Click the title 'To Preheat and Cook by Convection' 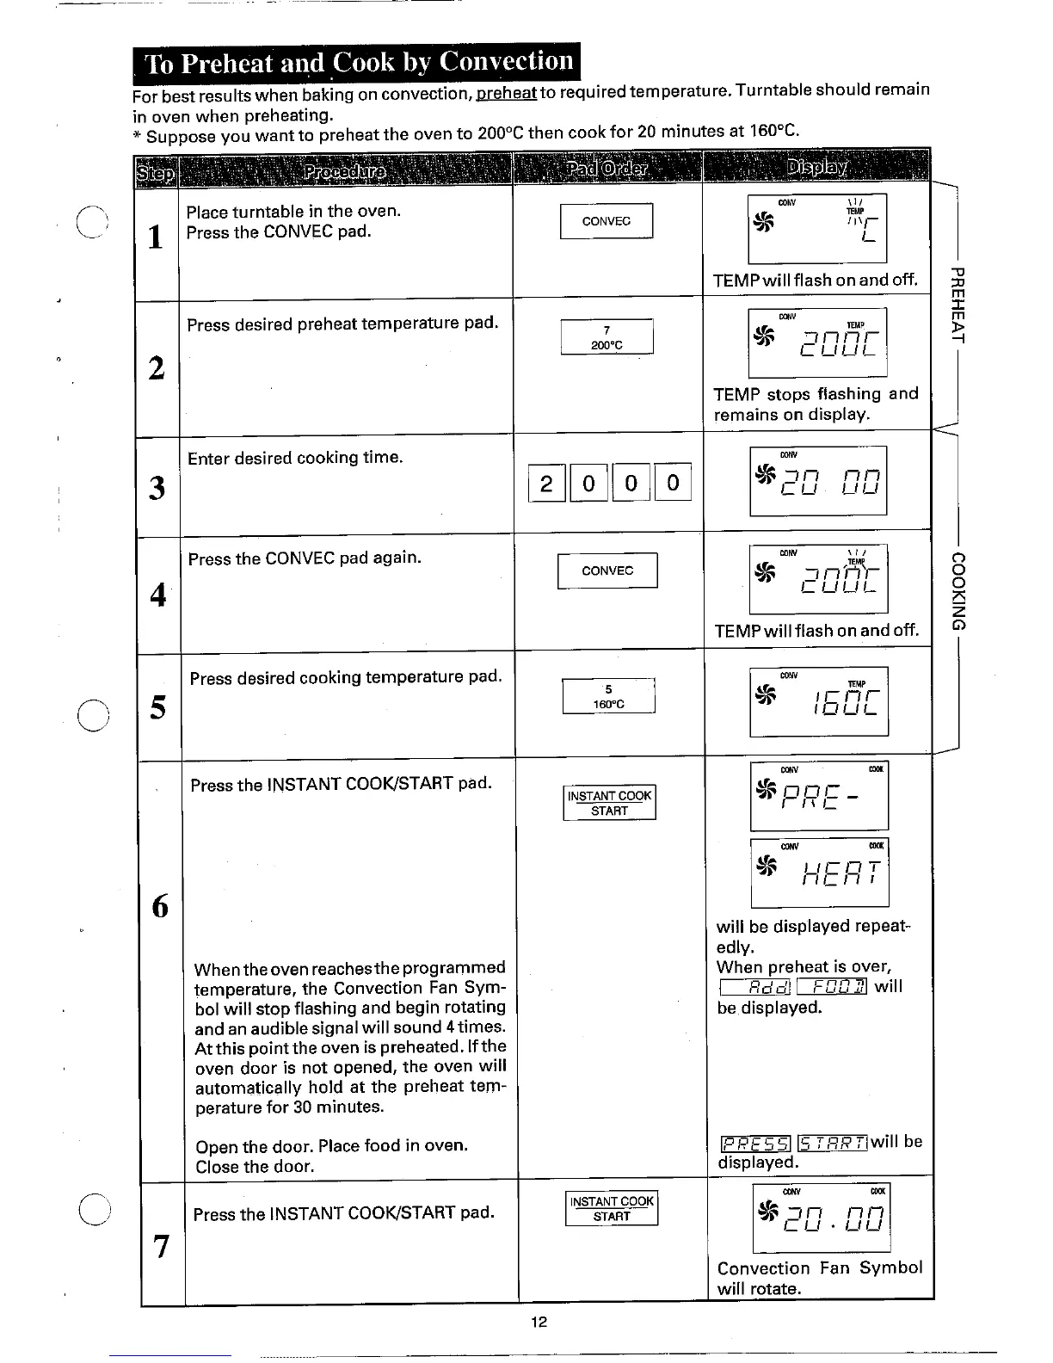[x=357, y=63]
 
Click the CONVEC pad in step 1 [x=607, y=221]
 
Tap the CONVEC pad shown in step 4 [x=607, y=570]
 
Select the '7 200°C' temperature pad [x=607, y=337]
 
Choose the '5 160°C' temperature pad [x=609, y=696]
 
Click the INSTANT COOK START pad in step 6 [x=610, y=803]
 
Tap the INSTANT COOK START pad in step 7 [x=612, y=1208]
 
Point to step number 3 [x=157, y=488]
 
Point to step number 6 [x=161, y=905]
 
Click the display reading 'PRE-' [x=818, y=796]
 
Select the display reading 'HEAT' [x=820, y=872]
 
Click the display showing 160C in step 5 [x=819, y=701]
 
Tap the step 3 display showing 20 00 [x=818, y=481]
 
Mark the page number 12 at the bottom [x=539, y=1323]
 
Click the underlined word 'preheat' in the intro [x=507, y=93]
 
